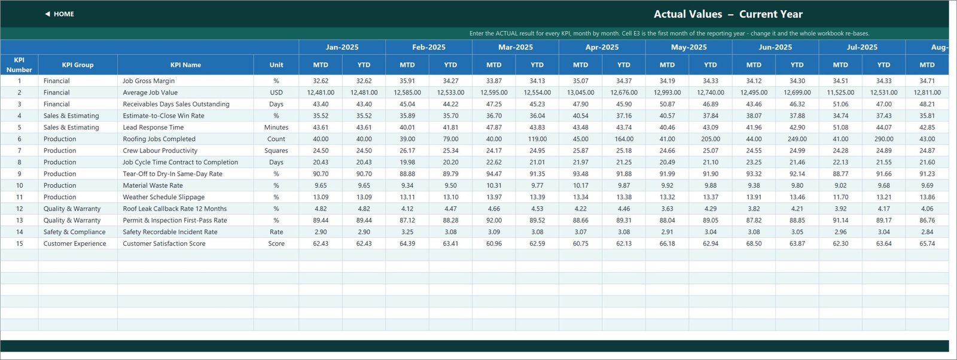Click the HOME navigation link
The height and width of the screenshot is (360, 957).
(x=59, y=14)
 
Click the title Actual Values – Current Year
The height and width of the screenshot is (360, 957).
(x=728, y=14)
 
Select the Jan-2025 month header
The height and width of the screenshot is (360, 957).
(x=342, y=47)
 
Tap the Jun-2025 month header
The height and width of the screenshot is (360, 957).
(x=775, y=47)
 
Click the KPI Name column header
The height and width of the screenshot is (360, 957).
(x=185, y=65)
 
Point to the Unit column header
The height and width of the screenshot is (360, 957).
(x=276, y=65)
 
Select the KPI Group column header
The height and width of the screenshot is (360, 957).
(x=77, y=65)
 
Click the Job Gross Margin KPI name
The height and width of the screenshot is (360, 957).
(x=149, y=81)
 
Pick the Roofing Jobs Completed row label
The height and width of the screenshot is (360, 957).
(x=159, y=139)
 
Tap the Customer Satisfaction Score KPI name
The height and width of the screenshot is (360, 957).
(x=164, y=243)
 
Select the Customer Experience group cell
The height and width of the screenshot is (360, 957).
(x=75, y=243)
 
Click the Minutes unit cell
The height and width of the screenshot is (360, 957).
(x=276, y=127)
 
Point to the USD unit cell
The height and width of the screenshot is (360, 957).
(x=276, y=92)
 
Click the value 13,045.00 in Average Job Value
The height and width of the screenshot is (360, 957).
(x=580, y=92)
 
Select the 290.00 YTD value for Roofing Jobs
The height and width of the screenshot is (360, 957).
(x=883, y=139)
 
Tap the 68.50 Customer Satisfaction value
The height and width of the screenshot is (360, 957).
(x=754, y=243)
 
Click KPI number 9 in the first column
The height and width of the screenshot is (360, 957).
(x=19, y=174)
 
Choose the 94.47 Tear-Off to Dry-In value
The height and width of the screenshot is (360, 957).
(x=494, y=174)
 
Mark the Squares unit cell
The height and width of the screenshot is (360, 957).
(x=276, y=150)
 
